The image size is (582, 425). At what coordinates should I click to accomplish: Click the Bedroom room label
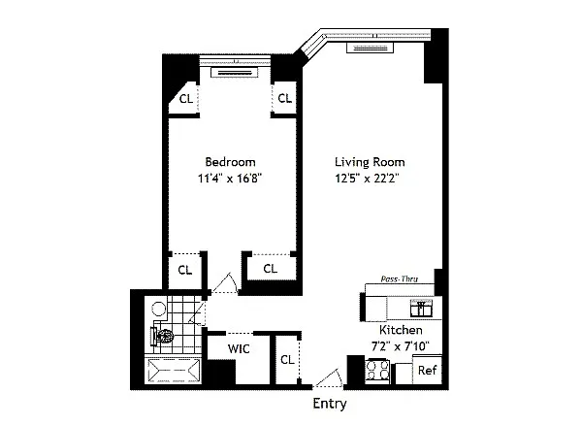230,162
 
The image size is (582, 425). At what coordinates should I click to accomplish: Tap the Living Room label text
370,162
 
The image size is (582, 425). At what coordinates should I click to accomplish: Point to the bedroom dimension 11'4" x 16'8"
230,179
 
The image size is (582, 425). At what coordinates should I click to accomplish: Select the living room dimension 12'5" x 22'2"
367,179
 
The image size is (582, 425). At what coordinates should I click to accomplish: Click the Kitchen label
401,330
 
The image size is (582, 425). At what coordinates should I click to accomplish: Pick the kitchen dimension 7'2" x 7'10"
401,346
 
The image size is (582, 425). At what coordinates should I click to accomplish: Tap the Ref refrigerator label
427,370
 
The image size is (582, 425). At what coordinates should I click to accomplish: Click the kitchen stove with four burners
377,371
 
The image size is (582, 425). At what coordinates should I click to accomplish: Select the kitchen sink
421,309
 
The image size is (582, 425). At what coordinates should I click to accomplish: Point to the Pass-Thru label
400,278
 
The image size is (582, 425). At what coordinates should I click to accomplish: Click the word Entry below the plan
330,404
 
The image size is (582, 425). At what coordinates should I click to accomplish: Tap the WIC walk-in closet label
239,348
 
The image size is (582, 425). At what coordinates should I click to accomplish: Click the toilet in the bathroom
162,337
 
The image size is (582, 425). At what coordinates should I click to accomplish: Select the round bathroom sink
159,309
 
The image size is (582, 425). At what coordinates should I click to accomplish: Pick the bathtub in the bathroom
174,371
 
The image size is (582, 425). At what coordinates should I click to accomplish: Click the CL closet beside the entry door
287,359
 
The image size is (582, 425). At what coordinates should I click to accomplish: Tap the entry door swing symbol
328,378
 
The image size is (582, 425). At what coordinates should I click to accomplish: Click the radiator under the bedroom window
234,73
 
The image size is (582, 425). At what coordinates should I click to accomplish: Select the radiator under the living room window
370,48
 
